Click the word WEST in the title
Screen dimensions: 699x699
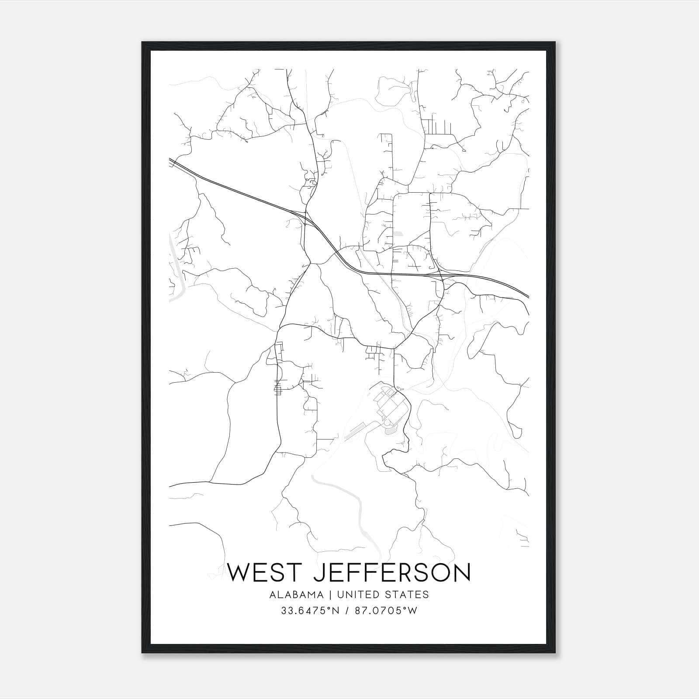click(265, 572)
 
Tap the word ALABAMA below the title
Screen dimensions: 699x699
click(297, 595)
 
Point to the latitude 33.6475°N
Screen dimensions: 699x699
click(310, 611)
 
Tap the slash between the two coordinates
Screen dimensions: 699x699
click(346, 611)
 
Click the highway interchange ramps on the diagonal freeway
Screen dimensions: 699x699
click(306, 217)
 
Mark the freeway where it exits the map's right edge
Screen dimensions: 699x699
click(527, 296)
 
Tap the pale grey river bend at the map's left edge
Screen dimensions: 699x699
click(175, 280)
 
